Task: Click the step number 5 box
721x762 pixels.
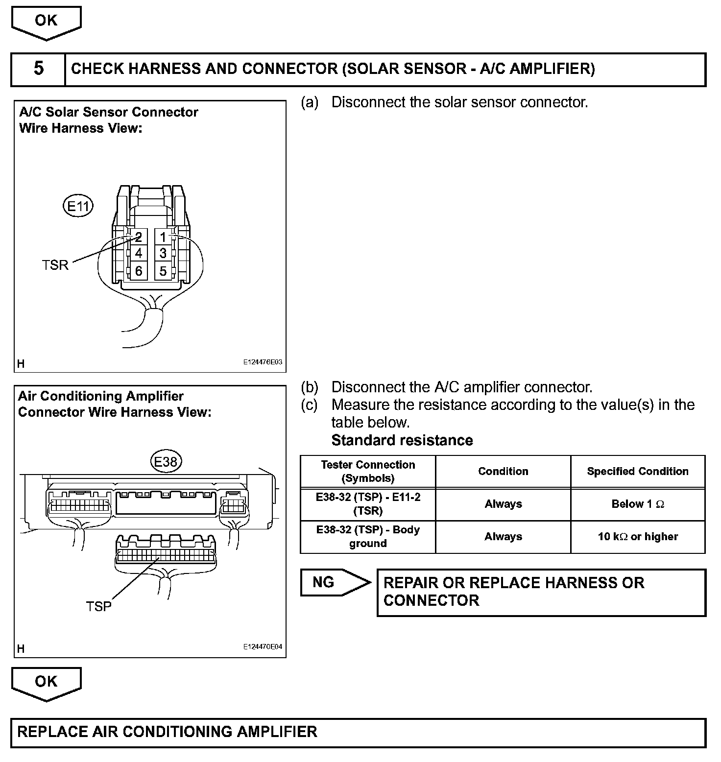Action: [x=38, y=69]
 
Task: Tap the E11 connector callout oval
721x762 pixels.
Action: [x=78, y=206]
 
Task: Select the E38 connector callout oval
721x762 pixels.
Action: [x=166, y=461]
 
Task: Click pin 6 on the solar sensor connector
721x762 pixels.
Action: [x=139, y=271]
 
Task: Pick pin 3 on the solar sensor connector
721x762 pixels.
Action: [x=163, y=254]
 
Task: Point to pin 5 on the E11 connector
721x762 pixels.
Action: [x=163, y=271]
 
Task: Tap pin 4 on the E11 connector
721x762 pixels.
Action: [x=139, y=254]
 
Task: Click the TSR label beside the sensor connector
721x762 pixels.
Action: [x=55, y=265]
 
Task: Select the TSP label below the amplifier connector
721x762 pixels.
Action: [x=98, y=606]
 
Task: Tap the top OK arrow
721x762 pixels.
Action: [x=47, y=22]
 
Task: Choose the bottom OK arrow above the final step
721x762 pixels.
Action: [x=47, y=683]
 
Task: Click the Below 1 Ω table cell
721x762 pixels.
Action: [x=638, y=504]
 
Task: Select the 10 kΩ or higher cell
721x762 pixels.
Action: [x=638, y=537]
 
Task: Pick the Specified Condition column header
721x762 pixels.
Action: [x=638, y=471]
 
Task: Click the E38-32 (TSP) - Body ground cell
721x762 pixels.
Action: [x=368, y=537]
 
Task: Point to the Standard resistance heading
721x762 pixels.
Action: [x=402, y=440]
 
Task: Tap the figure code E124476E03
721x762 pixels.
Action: [x=263, y=362]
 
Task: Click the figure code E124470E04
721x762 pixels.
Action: [x=263, y=646]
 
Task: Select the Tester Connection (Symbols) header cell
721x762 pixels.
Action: [x=368, y=471]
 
